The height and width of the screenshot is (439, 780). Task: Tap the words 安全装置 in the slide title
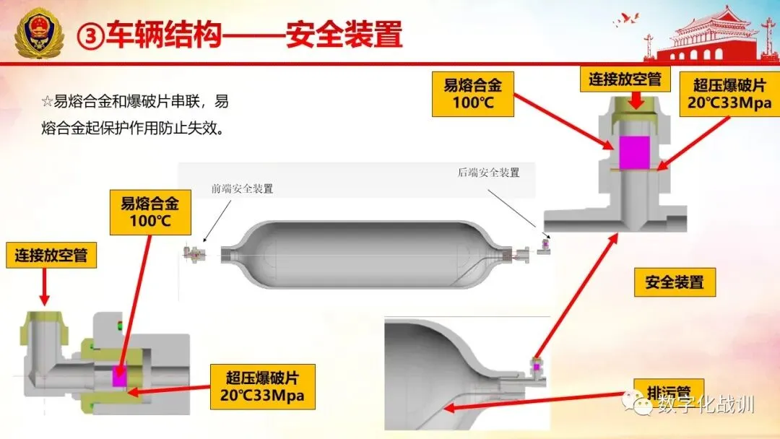point(343,35)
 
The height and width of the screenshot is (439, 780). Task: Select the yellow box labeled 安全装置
point(675,282)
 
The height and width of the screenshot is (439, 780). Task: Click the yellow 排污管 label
point(662,390)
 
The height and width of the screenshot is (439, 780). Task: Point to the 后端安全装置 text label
point(488,173)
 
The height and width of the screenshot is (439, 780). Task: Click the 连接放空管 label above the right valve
point(625,79)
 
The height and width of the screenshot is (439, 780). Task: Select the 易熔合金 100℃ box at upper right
point(472,93)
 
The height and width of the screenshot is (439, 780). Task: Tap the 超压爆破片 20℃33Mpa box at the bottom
point(261,386)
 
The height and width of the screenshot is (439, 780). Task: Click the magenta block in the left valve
point(117,378)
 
